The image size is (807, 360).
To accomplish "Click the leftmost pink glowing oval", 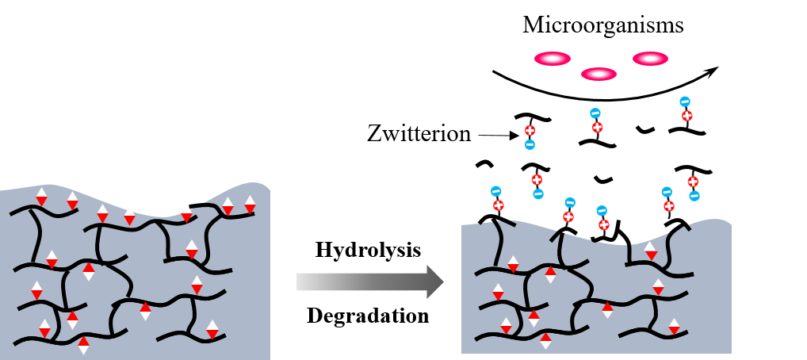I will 552,59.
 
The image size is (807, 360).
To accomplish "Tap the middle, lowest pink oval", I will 599,74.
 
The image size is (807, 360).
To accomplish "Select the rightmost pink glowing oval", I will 650,59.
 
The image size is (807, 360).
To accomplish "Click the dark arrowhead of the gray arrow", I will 434,281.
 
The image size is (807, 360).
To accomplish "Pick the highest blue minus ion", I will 685,101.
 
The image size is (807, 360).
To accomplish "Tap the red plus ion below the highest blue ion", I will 687,116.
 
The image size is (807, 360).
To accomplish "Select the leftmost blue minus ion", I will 495,191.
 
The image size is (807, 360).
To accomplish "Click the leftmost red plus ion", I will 498,205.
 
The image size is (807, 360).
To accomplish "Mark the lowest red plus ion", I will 604,224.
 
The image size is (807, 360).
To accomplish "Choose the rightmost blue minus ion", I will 694,196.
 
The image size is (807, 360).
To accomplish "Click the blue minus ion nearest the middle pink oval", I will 595,113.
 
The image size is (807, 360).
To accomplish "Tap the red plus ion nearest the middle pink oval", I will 597,127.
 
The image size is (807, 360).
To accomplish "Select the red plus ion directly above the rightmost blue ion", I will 693,182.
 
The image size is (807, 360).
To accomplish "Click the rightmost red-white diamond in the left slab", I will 250,205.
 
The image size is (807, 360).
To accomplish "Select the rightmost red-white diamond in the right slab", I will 674,327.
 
